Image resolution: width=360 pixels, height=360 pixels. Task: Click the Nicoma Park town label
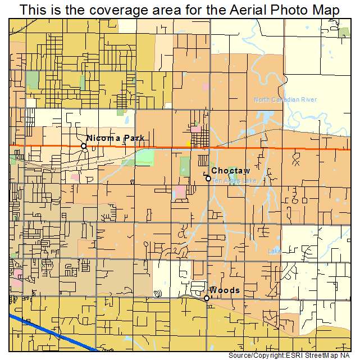116,138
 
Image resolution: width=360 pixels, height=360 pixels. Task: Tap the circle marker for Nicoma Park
84,146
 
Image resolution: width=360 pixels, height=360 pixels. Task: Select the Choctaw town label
230,171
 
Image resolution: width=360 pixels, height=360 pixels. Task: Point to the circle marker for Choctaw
208,179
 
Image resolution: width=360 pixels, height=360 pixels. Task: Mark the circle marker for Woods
207,298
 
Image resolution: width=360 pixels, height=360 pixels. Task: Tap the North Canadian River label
285,100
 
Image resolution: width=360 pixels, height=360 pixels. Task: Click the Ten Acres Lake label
235,181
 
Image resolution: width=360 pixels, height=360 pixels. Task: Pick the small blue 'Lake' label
275,251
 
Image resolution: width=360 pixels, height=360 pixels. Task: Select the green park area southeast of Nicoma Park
144,157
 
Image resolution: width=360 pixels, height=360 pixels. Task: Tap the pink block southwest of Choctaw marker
180,193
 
